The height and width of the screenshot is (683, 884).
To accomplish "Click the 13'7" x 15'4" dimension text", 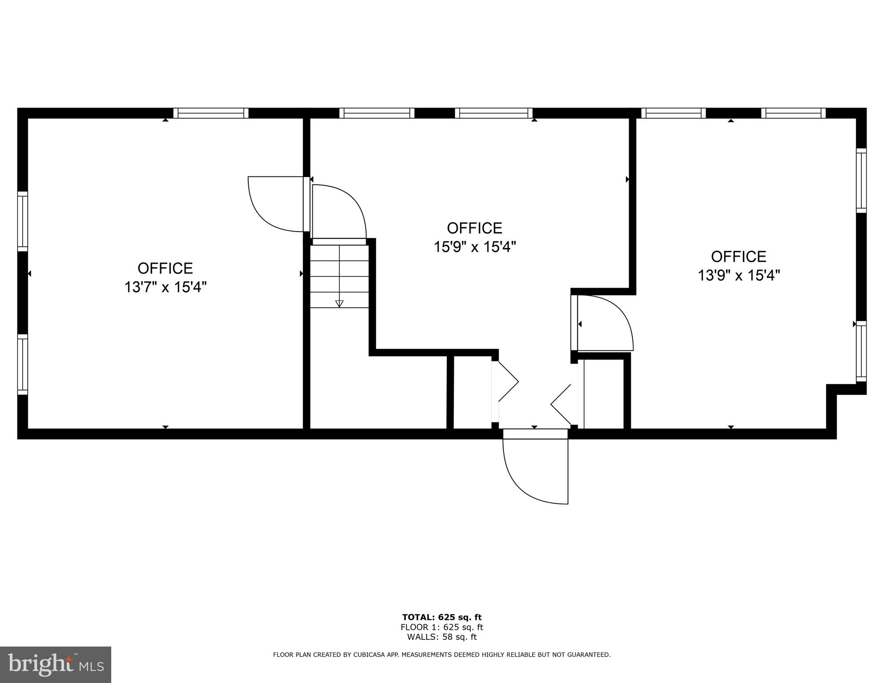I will (165, 287).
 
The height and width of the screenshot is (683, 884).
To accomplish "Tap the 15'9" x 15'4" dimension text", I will (475, 247).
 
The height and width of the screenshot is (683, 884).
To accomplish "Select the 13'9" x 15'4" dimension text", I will (739, 276).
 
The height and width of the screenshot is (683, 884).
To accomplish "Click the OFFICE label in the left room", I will (165, 269).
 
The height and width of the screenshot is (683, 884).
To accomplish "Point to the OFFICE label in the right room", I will (739, 257).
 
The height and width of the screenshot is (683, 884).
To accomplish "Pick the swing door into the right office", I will (603, 322).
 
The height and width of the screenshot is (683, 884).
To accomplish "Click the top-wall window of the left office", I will (210, 113).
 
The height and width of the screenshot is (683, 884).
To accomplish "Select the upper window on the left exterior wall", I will (22, 221).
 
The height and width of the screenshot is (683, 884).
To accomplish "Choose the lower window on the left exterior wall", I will (22, 364).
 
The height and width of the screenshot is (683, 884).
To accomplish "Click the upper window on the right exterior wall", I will (861, 180).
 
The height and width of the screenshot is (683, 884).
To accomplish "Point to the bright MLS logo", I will (56, 665).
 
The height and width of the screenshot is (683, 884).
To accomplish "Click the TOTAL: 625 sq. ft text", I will (442, 617).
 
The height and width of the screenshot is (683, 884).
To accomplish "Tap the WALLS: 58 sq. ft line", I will (442, 637).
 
